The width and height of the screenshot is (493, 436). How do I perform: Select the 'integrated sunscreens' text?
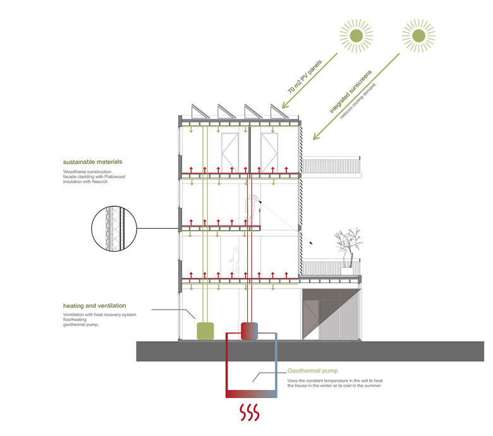point(349,90)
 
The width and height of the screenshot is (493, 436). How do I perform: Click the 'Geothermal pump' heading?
point(311,371)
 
